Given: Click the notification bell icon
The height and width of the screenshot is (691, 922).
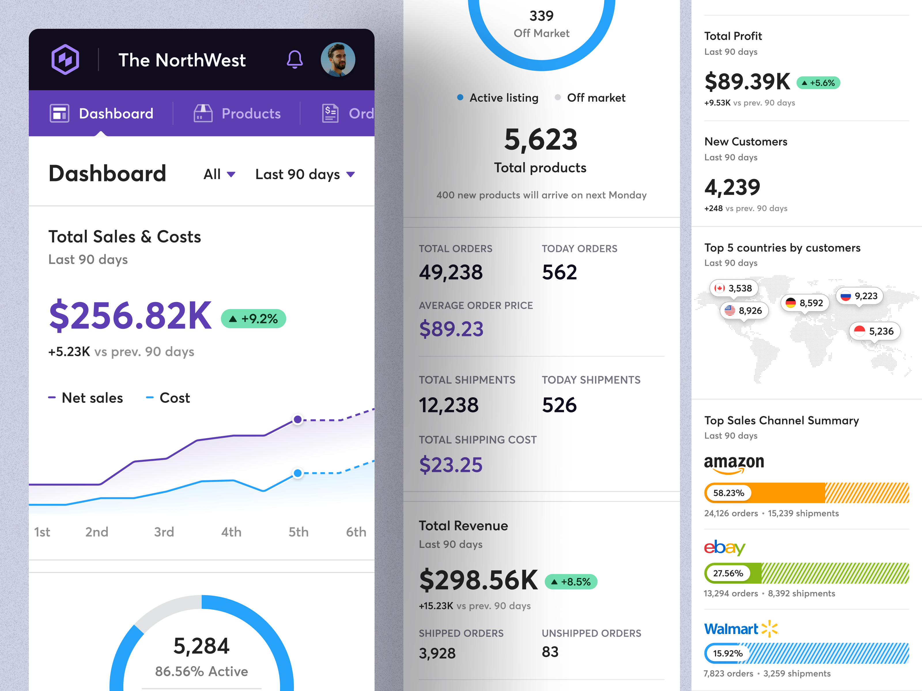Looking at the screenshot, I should point(295,60).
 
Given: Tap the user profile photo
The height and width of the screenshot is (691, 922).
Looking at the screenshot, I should point(338,60).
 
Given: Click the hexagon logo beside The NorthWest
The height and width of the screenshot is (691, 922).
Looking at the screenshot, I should point(65,60).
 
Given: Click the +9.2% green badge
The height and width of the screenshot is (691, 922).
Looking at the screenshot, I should point(254,319).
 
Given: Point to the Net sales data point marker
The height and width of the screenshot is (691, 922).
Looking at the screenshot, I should point(298,419).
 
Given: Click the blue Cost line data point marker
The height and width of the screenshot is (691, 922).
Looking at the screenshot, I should point(298,473).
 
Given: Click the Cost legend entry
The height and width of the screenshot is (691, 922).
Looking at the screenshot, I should point(168,398).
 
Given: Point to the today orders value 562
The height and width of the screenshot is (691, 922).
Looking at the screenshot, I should point(559,272).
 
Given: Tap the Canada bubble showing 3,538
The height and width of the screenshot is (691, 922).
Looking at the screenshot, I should point(733,288).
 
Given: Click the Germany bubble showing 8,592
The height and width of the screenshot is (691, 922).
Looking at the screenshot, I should point(804,303).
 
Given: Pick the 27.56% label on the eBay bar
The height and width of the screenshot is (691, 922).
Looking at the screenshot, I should point(728,573).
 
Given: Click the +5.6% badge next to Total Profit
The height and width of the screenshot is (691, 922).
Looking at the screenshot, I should point(818,83).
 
